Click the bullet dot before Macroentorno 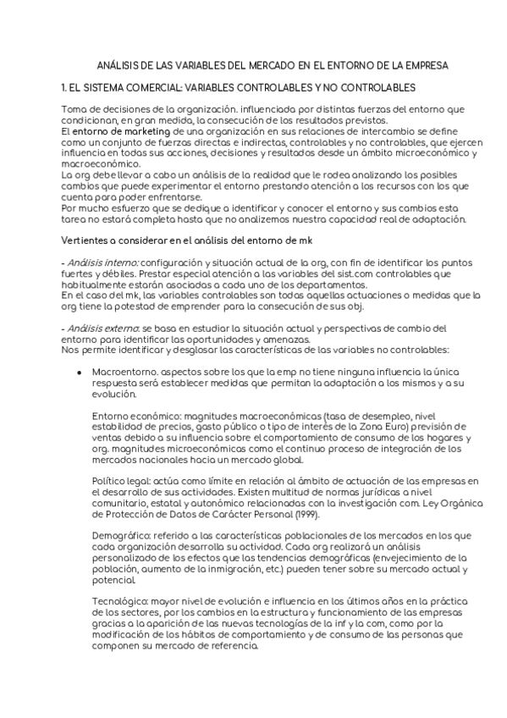[79, 372]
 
